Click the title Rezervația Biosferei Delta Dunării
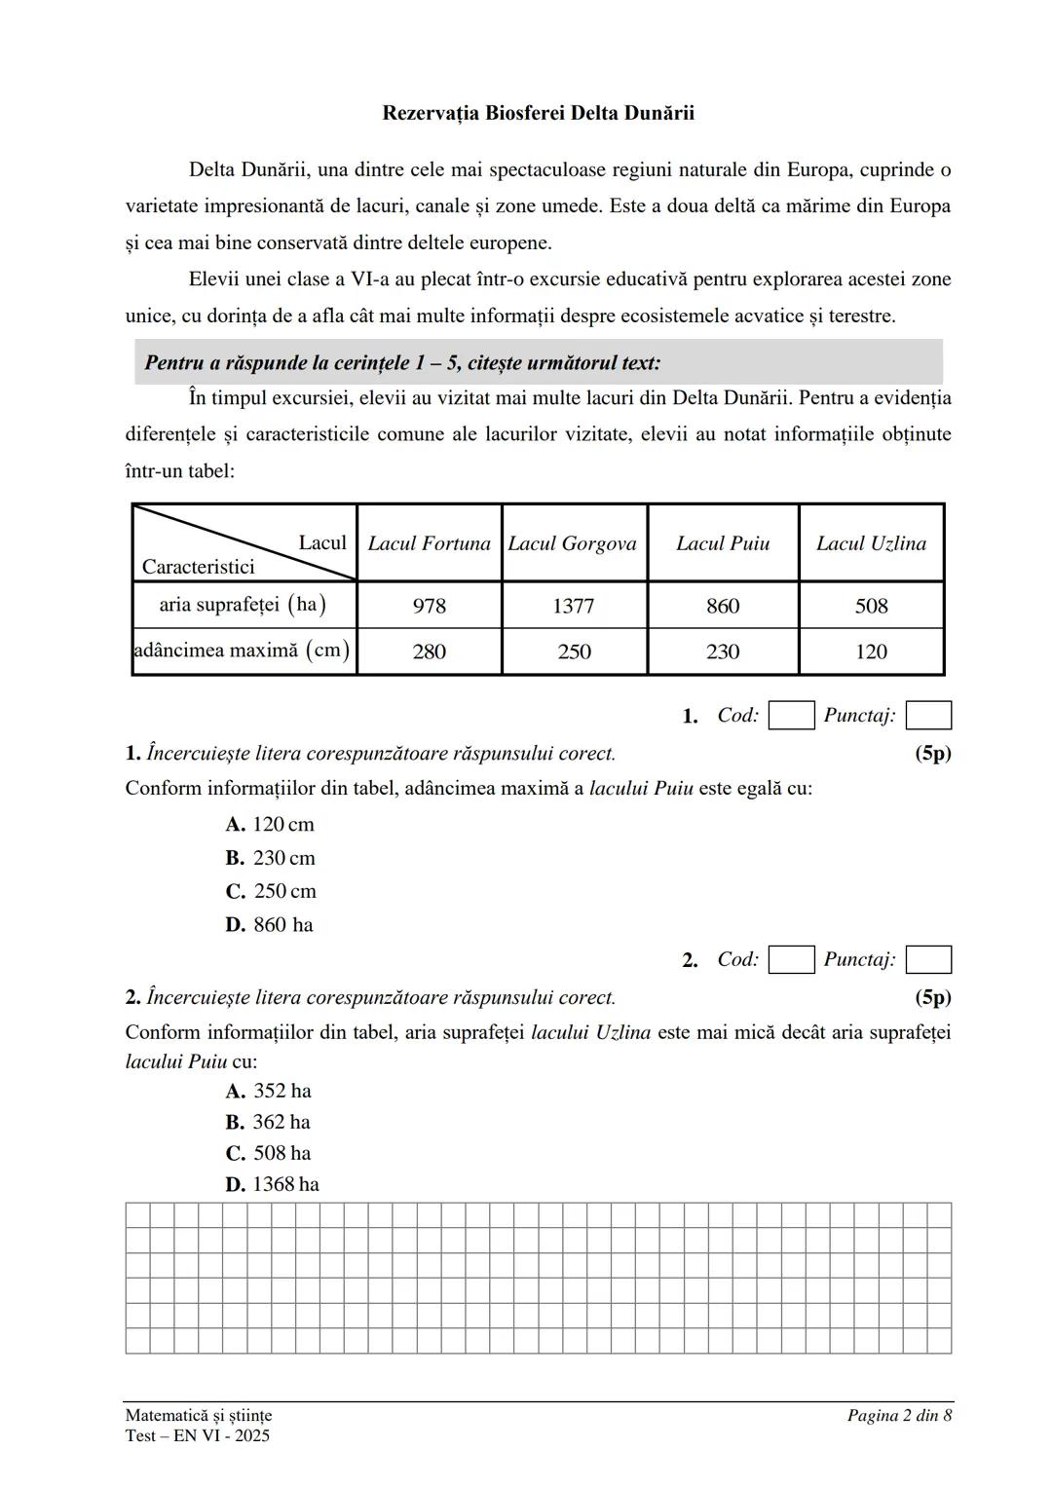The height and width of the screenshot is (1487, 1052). tap(538, 113)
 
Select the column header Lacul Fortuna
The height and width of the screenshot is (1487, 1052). tap(429, 543)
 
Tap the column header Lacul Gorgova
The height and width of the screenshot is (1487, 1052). tap(573, 543)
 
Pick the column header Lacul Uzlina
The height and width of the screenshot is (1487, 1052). tap(871, 543)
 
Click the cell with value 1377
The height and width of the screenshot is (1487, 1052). tap(573, 606)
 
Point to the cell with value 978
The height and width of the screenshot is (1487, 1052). tap(429, 606)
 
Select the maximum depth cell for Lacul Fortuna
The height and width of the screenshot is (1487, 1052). tap(429, 651)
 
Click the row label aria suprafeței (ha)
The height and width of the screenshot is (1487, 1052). tap(243, 605)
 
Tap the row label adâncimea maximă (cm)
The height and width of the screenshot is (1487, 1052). tap(242, 650)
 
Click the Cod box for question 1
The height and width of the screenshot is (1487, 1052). tap(791, 716)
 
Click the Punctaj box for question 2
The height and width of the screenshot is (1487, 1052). tap(928, 960)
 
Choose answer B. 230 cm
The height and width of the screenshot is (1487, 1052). tap(270, 858)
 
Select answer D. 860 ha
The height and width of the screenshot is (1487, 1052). tap(269, 924)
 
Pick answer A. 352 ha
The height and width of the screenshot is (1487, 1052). tap(269, 1091)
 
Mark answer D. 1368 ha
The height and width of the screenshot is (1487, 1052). tap(273, 1184)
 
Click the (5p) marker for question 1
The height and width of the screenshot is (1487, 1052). tap(932, 753)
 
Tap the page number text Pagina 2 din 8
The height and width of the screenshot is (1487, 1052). tap(898, 1415)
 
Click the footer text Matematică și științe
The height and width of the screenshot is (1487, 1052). tap(199, 1415)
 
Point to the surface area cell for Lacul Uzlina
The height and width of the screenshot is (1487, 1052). tap(871, 606)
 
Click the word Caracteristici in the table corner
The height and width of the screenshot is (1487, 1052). tap(199, 567)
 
